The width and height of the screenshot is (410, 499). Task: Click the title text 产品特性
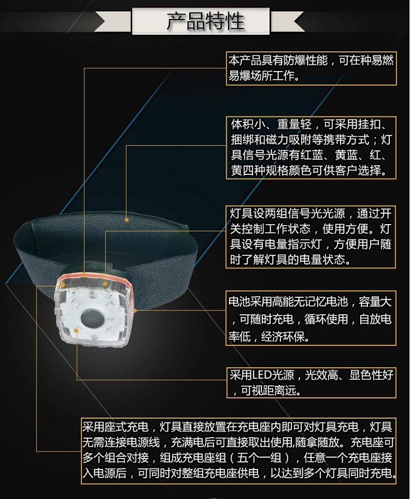tap(206, 21)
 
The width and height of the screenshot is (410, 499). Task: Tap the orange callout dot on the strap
tap(127, 220)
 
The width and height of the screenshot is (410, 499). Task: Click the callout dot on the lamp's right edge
tap(134, 310)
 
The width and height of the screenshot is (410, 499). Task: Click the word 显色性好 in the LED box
tap(372, 375)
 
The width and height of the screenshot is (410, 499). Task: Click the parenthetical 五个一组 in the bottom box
tap(260, 457)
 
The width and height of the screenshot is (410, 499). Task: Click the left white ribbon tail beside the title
tap(113, 21)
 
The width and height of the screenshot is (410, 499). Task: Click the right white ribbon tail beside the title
tap(287, 21)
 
